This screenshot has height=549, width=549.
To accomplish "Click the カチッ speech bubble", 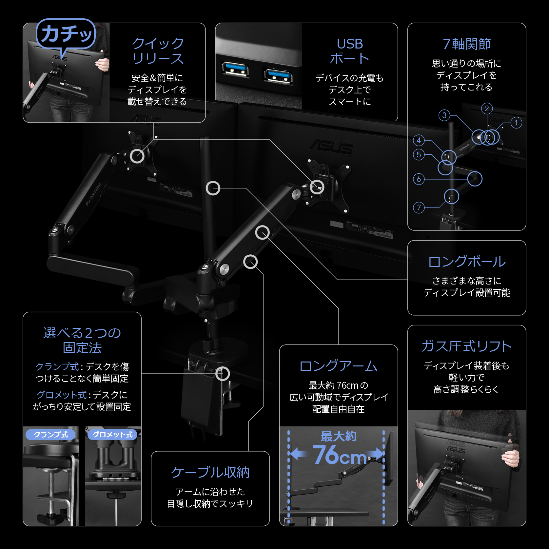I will click(66, 34).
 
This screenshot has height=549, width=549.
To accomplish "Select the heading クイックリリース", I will click(158, 51).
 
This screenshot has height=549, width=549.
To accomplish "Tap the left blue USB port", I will click(235, 69).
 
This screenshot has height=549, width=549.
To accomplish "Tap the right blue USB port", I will click(278, 75).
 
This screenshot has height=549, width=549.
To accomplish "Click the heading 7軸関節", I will click(466, 44).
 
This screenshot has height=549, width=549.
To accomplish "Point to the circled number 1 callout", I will click(516, 123).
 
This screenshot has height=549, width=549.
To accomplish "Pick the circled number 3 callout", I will click(444, 115).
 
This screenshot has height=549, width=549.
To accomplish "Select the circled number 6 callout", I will click(419, 179).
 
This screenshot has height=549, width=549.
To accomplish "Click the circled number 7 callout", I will click(419, 207).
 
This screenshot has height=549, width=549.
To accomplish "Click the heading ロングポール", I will click(466, 262).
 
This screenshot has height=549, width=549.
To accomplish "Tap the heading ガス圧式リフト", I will click(466, 346).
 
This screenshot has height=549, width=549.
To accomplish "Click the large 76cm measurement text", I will click(339, 455).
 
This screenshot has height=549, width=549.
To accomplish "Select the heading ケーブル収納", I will click(210, 472).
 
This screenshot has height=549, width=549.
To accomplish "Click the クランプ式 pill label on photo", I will click(50, 435).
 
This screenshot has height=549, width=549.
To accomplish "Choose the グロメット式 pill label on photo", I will click(112, 435).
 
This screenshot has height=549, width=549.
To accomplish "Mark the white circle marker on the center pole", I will click(213, 188).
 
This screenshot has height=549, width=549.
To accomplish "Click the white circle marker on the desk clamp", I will click(223, 374).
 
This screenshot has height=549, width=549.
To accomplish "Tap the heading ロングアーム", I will click(338, 366).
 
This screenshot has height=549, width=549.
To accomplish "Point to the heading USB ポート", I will click(350, 51).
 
